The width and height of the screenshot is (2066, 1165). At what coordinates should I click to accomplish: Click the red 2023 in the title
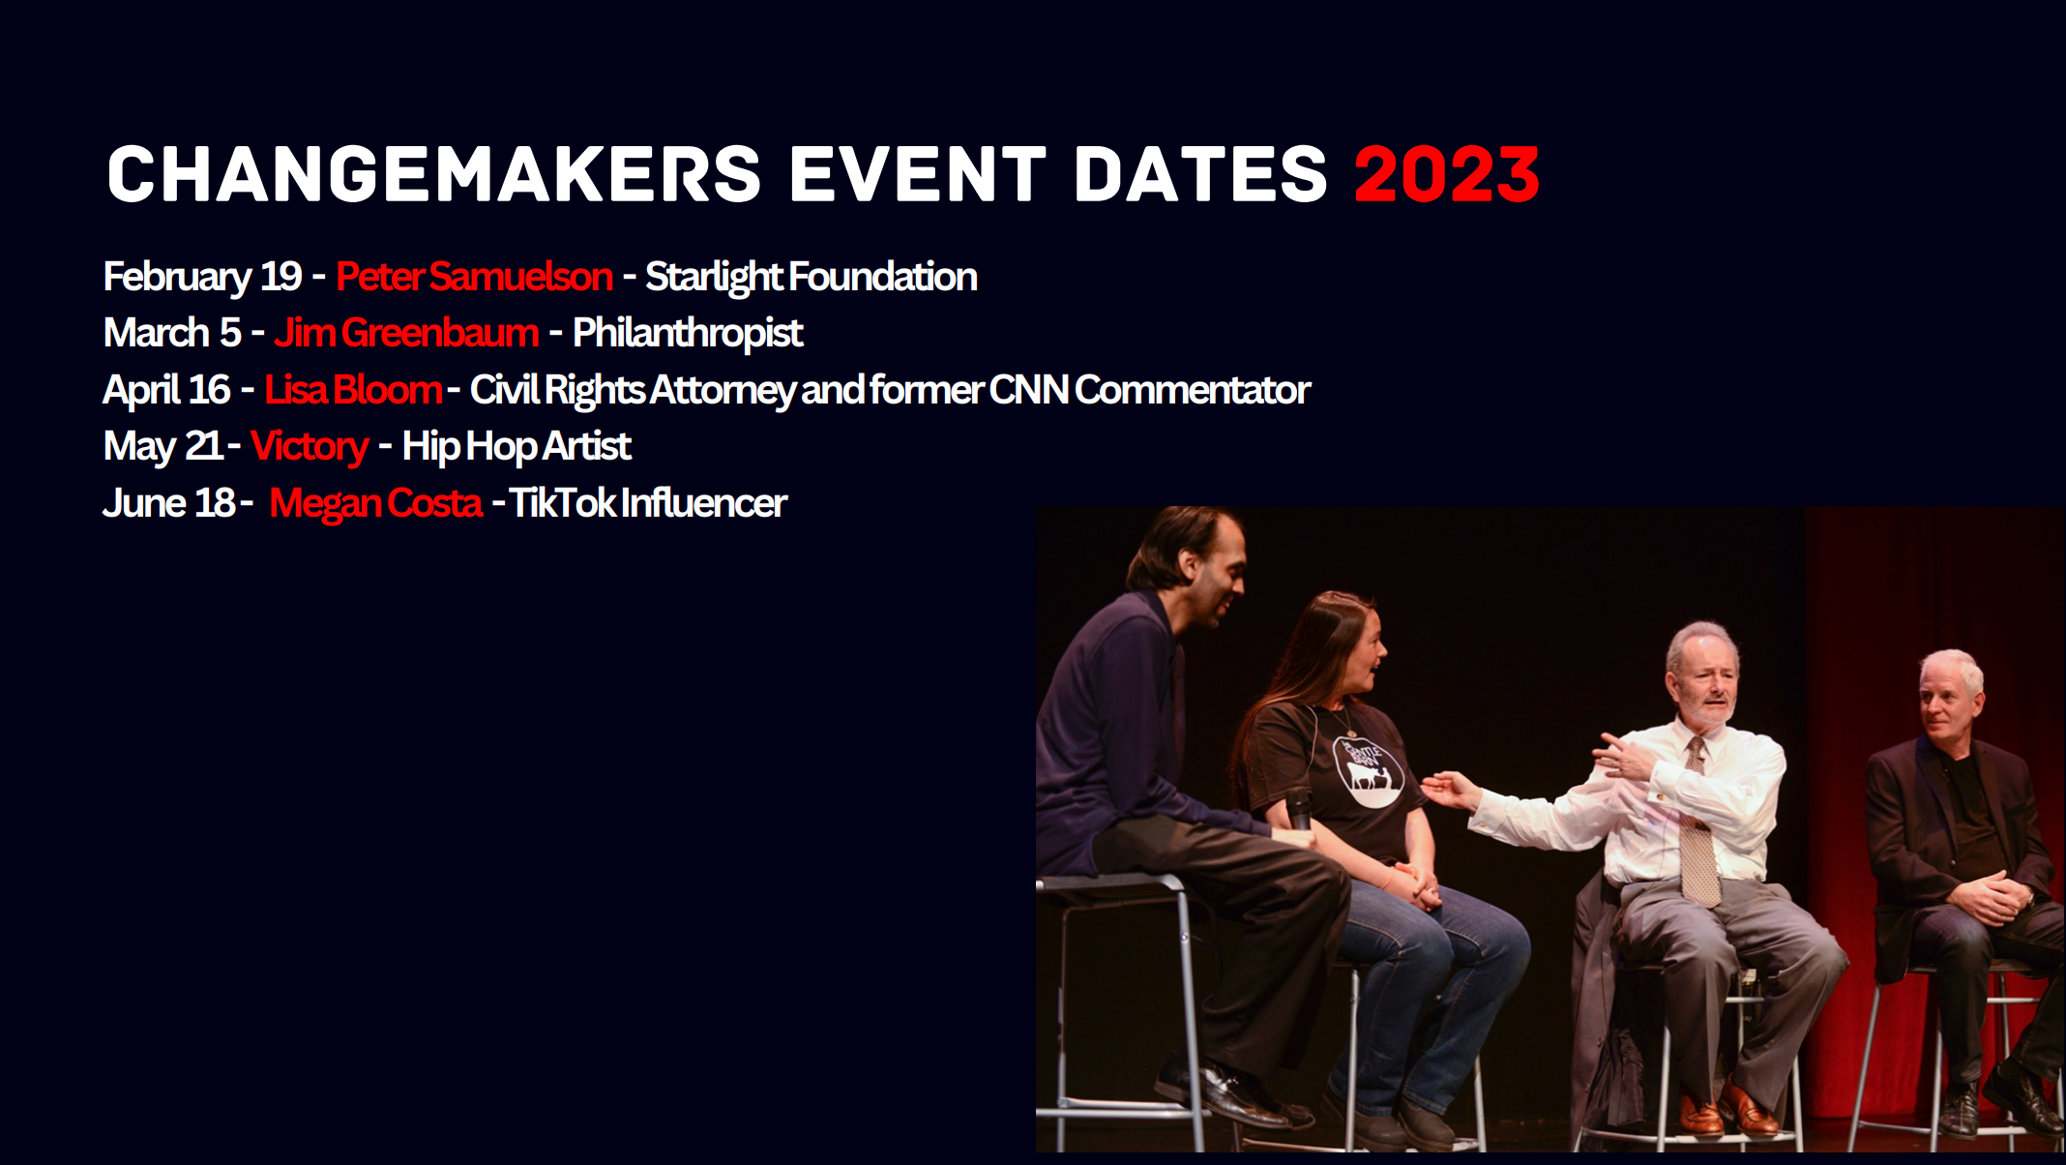pyautogui.click(x=1446, y=175)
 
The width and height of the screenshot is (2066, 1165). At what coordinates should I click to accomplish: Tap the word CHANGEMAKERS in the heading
pyautogui.click(x=434, y=175)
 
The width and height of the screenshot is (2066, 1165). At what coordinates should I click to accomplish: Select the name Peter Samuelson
pyautogui.click(x=474, y=277)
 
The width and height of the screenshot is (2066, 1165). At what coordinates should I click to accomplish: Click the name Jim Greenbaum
pyautogui.click(x=406, y=333)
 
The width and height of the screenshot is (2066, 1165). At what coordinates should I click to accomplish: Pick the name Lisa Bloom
pyautogui.click(x=353, y=390)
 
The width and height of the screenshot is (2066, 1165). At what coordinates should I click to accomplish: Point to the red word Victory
pyautogui.click(x=310, y=447)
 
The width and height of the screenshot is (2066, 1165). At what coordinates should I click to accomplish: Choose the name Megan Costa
pyautogui.click(x=375, y=503)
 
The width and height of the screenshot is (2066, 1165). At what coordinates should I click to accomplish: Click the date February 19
pyautogui.click(x=202, y=277)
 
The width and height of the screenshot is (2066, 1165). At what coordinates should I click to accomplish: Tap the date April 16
pyautogui.click(x=166, y=390)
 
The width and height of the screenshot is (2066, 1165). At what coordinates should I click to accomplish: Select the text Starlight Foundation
pyautogui.click(x=811, y=277)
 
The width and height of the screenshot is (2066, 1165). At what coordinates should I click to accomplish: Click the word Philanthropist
pyautogui.click(x=688, y=333)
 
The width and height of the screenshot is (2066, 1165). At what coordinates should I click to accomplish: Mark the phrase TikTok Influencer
pyautogui.click(x=648, y=503)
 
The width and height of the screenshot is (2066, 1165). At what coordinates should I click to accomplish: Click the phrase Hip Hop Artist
pyautogui.click(x=516, y=447)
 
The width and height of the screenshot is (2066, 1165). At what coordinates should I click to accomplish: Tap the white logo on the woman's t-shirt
pyautogui.click(x=1368, y=770)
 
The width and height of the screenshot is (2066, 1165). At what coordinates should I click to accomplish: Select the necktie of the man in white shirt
pyautogui.click(x=1697, y=822)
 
